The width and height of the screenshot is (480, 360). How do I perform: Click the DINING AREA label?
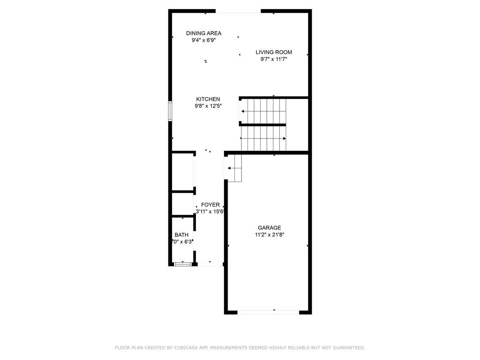tap(204, 33)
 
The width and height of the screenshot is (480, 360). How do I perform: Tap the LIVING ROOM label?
tap(274, 52)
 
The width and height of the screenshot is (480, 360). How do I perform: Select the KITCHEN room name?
tap(208, 99)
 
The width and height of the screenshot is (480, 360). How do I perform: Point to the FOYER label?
tap(210, 205)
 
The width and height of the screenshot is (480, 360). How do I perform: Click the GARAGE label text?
tap(269, 228)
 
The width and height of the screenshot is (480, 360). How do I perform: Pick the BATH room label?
tap(181, 235)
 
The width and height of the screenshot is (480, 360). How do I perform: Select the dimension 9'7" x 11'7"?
tap(274, 59)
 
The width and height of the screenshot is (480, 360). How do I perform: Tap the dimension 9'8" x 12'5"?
tap(208, 106)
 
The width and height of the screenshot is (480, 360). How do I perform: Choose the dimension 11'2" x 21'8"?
tap(270, 235)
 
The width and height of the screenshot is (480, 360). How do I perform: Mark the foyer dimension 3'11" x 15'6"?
tap(210, 212)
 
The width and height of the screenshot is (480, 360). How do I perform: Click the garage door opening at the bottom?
tap(268, 312)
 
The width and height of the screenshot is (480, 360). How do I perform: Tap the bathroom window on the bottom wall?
tap(182, 264)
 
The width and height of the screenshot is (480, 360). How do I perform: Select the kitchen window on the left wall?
tap(170, 111)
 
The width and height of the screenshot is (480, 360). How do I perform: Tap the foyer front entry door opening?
tap(210, 264)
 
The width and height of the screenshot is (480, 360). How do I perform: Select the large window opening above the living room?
tap(238, 12)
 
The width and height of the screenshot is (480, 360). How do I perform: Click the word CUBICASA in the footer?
tap(187, 348)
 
